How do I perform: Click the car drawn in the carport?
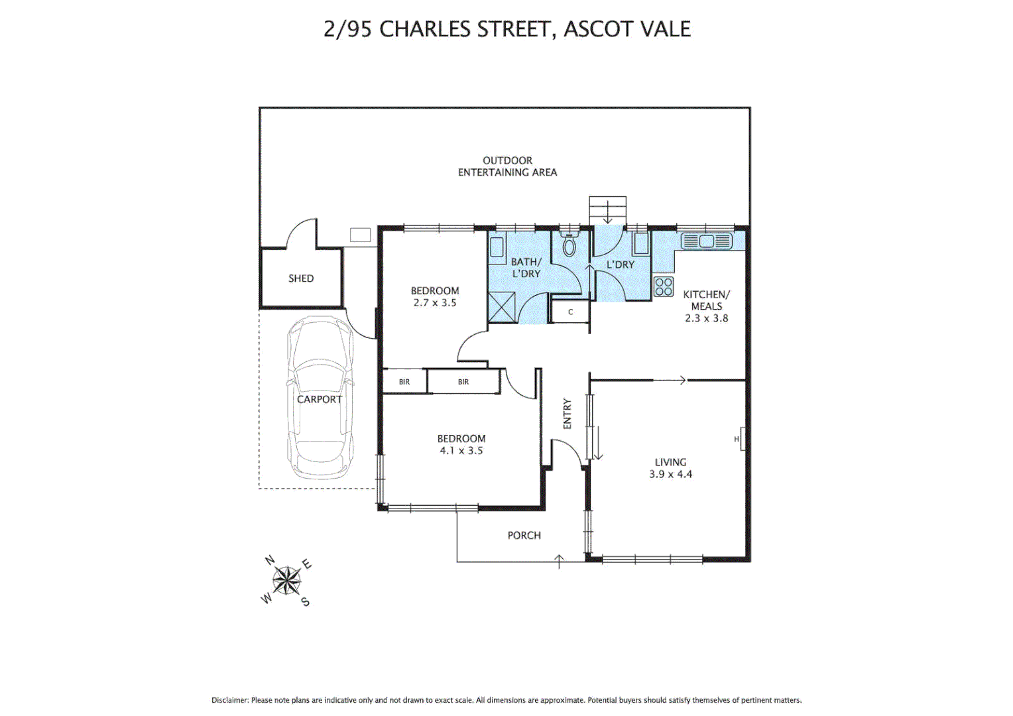click(x=320, y=398)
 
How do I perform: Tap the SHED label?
click(x=301, y=278)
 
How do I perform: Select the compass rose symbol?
click(x=287, y=581)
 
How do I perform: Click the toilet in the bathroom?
click(x=569, y=245)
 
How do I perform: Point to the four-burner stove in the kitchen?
click(x=664, y=287)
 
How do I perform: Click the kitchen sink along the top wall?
click(x=706, y=241)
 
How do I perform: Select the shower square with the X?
click(x=501, y=306)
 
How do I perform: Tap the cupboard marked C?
click(x=570, y=312)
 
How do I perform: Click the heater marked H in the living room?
click(x=740, y=439)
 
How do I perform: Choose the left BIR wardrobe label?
click(x=404, y=382)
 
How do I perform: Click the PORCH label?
click(x=524, y=536)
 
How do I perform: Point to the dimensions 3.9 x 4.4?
click(x=670, y=475)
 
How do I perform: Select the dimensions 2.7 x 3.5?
click(x=435, y=303)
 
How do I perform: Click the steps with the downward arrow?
click(x=607, y=211)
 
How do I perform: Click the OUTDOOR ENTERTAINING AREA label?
click(x=507, y=166)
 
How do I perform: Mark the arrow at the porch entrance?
click(x=559, y=561)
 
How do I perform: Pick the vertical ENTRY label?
click(x=567, y=414)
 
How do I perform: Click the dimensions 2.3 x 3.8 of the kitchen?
click(x=706, y=318)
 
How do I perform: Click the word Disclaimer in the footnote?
click(x=230, y=700)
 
